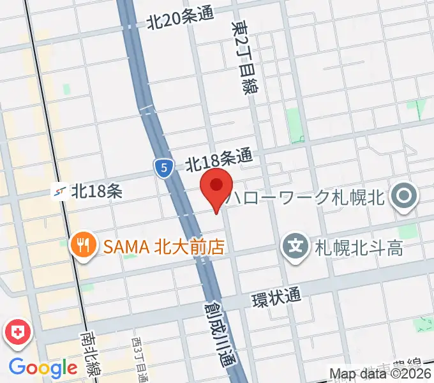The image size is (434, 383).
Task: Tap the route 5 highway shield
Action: (x=164, y=169)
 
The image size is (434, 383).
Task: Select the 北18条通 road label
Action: (x=219, y=160)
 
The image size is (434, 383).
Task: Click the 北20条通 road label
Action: (x=179, y=21)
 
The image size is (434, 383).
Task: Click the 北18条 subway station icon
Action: (x=62, y=190)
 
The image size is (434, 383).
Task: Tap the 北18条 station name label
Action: (x=97, y=190)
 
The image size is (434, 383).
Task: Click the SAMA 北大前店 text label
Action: (x=165, y=246)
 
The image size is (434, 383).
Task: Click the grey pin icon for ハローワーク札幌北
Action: (x=403, y=196)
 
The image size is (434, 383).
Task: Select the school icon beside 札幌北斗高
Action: (x=296, y=244)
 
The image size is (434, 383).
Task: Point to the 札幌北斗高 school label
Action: (x=359, y=247)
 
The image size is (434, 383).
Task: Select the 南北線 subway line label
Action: (x=89, y=354)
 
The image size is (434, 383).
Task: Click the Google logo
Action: (x=43, y=367)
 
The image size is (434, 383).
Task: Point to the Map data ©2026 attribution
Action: (x=380, y=373)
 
